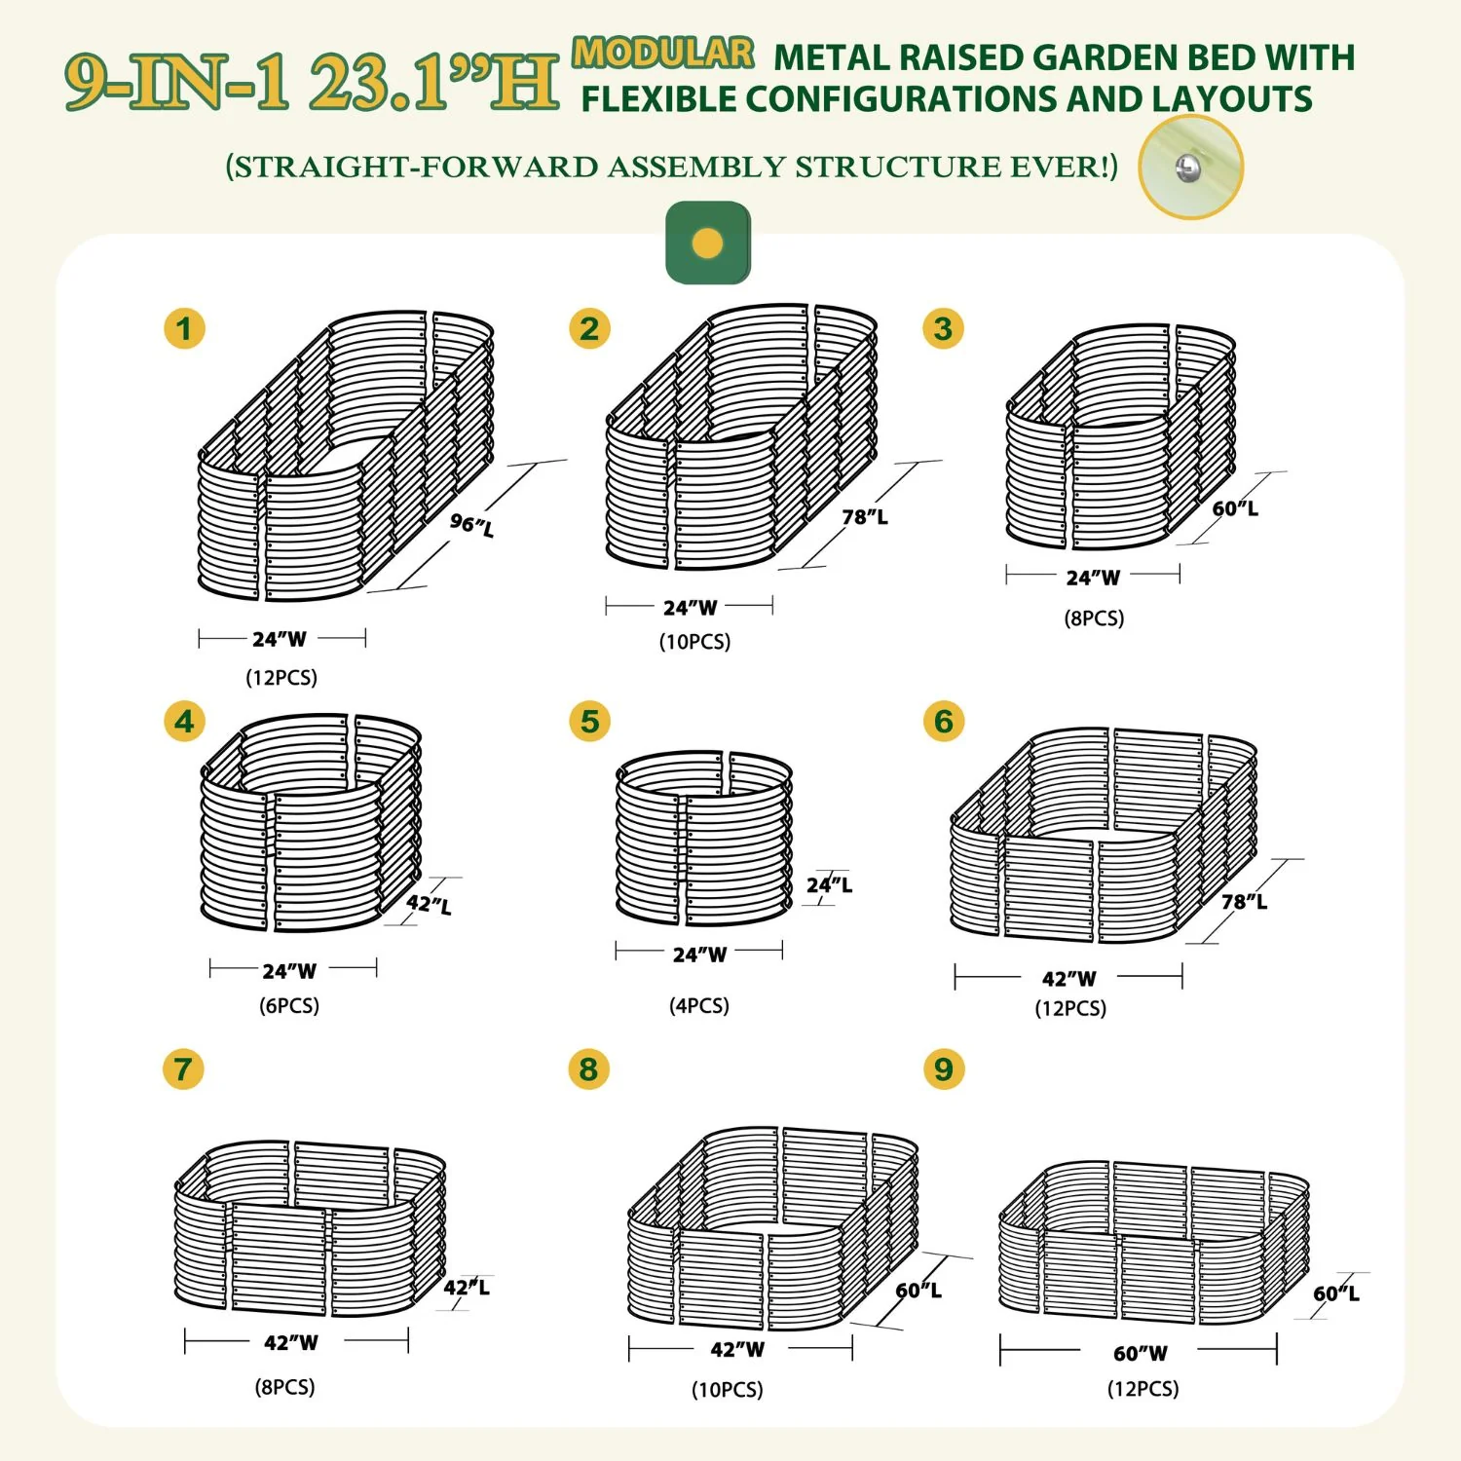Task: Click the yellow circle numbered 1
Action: (184, 329)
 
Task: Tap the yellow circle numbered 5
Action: (590, 722)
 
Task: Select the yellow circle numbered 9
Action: (944, 1069)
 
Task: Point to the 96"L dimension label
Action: (472, 524)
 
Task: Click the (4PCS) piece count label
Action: (699, 1005)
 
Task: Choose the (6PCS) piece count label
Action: (289, 1005)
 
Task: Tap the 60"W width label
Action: (1141, 1353)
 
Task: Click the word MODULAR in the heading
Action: (663, 53)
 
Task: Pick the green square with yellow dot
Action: (708, 243)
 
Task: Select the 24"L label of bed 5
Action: (829, 884)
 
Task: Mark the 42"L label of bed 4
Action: (430, 904)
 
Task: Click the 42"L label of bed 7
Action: (467, 1287)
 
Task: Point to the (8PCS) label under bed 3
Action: (1094, 618)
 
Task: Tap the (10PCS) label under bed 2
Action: (695, 641)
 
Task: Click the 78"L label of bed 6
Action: (1245, 902)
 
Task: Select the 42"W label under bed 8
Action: (737, 1349)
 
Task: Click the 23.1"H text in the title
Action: (434, 82)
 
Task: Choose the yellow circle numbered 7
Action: (183, 1069)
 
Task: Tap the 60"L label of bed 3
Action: (1235, 508)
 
